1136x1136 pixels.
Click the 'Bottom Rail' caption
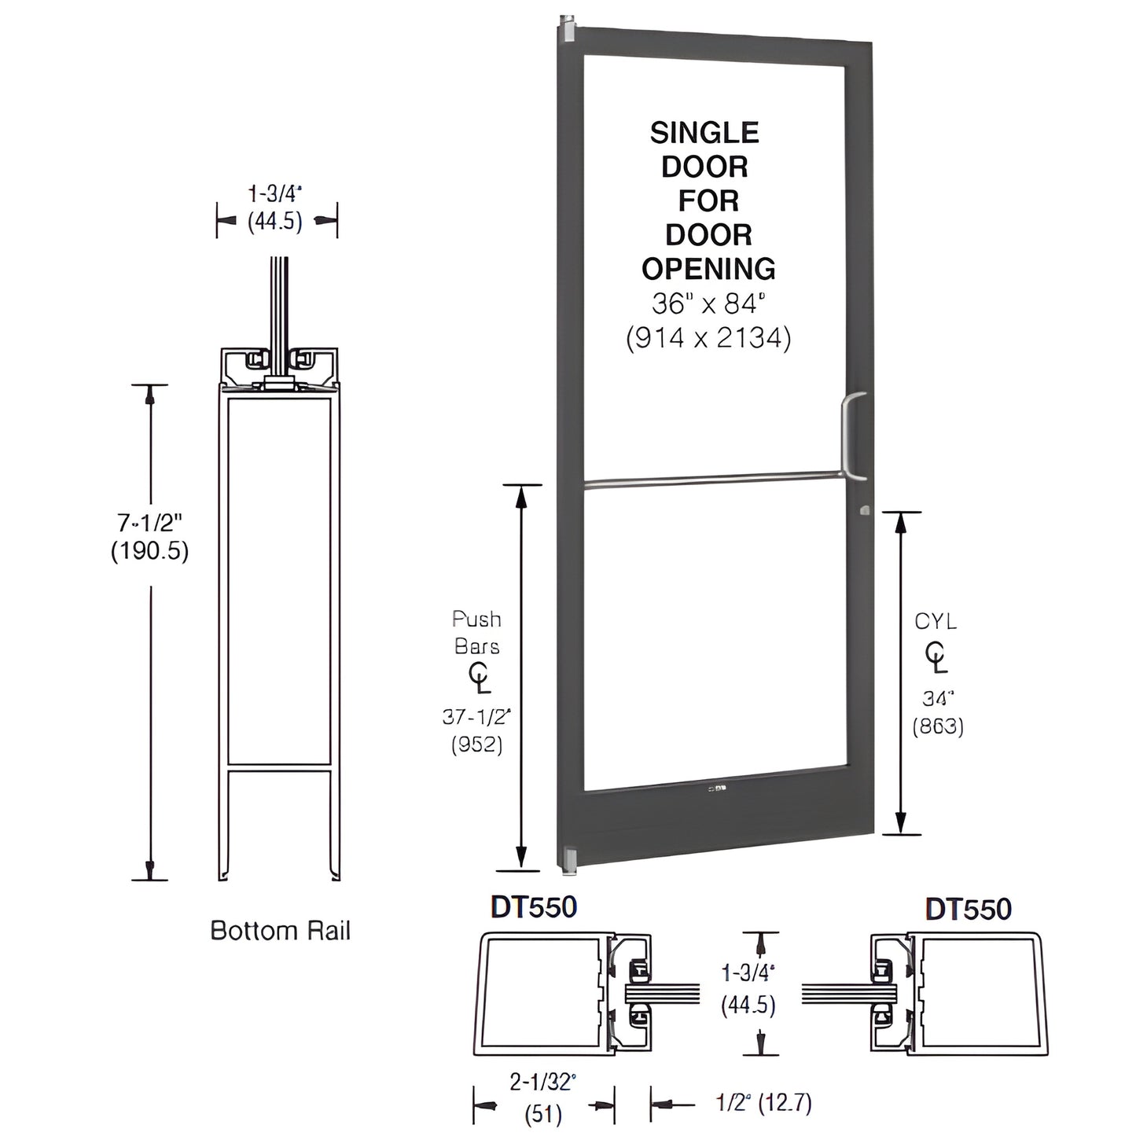point(280,931)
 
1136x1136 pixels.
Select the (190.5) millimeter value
point(149,551)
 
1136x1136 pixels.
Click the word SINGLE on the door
point(704,133)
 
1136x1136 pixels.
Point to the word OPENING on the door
point(708,269)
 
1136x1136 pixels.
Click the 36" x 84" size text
point(708,303)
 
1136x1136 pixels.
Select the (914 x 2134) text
point(708,337)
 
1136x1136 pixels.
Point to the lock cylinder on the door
point(865,510)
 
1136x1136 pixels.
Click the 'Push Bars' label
point(476,633)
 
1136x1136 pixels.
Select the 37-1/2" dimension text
point(476,716)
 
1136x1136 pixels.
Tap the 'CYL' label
point(936,622)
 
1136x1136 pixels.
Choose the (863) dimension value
point(938,726)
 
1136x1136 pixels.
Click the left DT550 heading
point(534,908)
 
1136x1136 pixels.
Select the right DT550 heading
point(968,909)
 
